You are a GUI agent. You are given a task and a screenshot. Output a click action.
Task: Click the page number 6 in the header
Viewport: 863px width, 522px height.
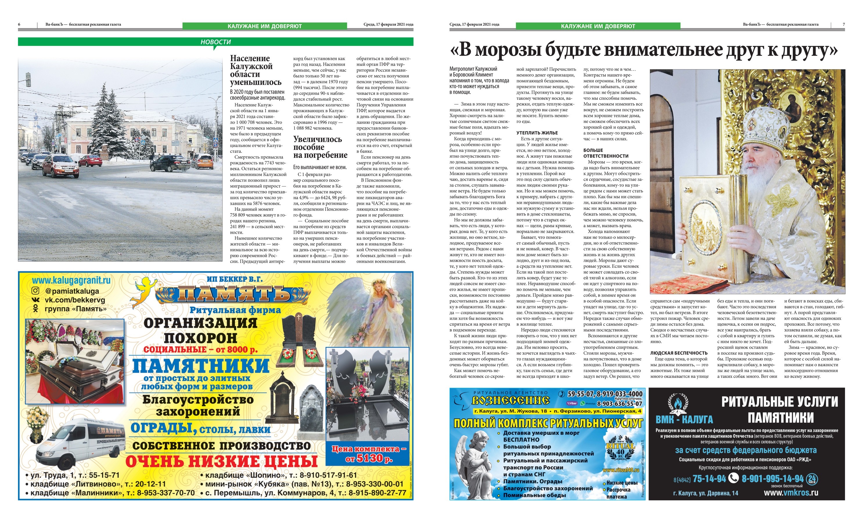(x=19, y=24)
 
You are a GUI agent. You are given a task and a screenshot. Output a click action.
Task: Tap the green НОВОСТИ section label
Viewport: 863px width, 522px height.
(x=215, y=42)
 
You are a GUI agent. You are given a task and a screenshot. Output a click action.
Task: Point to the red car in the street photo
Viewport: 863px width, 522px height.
(x=60, y=166)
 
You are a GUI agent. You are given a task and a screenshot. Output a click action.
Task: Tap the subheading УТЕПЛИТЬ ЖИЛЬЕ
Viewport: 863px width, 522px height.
(x=537, y=133)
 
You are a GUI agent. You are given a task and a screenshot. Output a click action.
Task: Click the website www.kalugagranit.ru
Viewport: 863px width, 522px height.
(x=71, y=280)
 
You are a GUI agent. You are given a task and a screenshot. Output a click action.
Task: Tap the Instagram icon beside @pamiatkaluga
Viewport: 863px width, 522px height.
(x=35, y=291)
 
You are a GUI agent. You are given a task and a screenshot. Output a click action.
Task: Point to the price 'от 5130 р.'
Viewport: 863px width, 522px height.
(x=369, y=458)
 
